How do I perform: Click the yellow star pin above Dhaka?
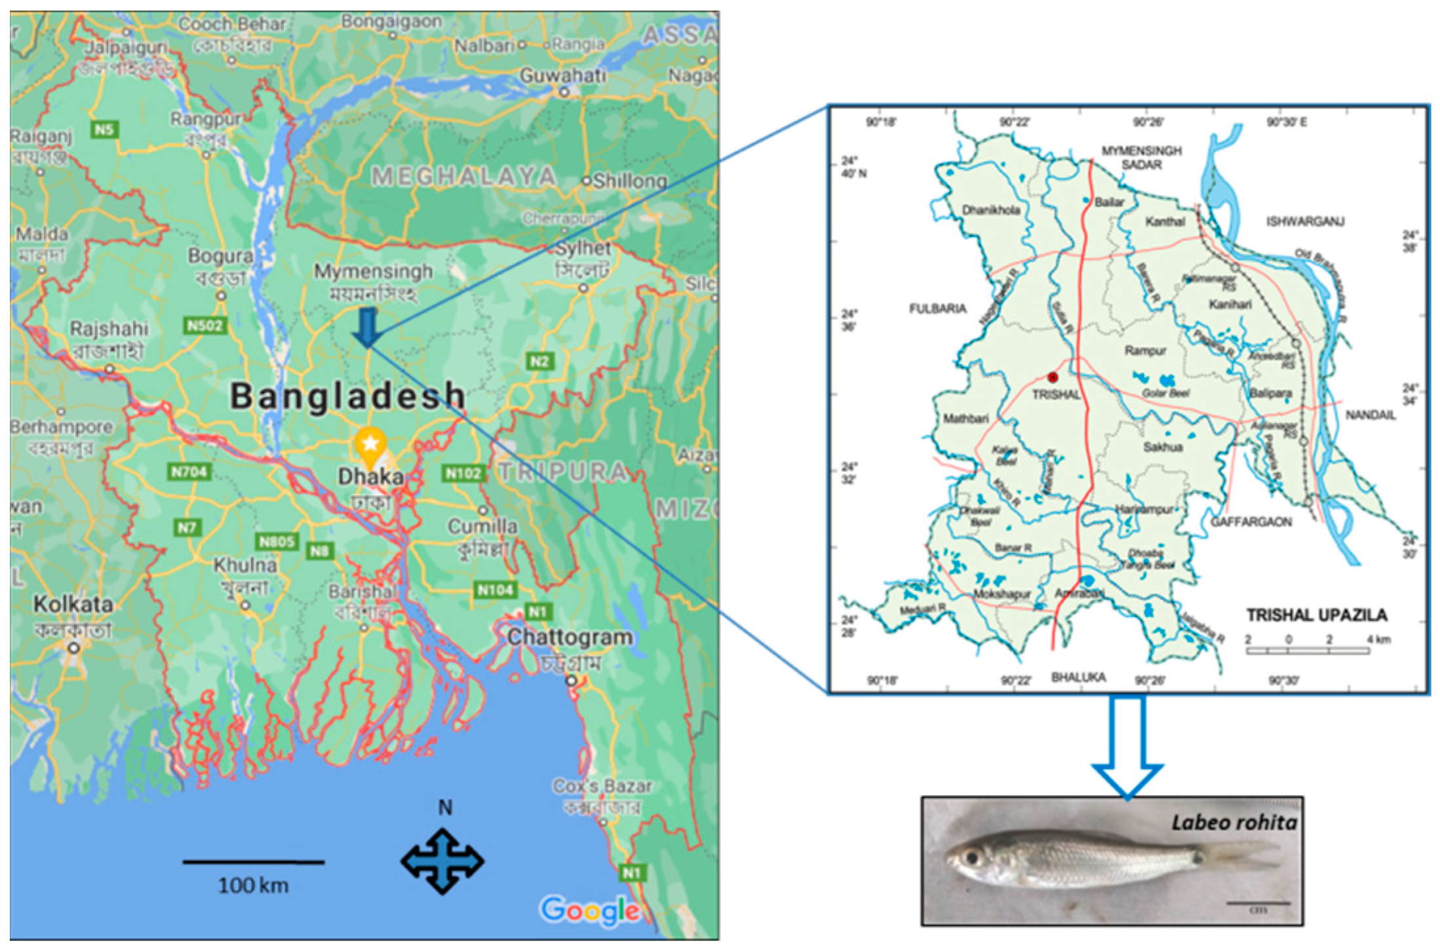(x=370, y=444)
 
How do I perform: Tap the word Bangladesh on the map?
(x=347, y=396)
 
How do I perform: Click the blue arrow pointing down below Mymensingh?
(x=367, y=326)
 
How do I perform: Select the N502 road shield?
(x=205, y=326)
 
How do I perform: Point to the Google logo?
(x=590, y=910)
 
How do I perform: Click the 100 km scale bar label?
(x=253, y=886)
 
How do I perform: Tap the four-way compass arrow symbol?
(x=442, y=861)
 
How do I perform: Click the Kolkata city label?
(x=73, y=604)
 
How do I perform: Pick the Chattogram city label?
(x=570, y=637)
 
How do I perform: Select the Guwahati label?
(x=562, y=75)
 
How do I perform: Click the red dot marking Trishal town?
(x=1053, y=377)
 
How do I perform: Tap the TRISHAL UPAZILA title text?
(x=1316, y=615)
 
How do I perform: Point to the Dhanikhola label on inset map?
(x=990, y=210)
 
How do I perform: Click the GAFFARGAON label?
(x=1251, y=522)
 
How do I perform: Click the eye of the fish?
(x=971, y=857)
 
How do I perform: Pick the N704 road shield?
(x=189, y=472)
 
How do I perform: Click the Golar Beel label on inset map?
(x=1165, y=393)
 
